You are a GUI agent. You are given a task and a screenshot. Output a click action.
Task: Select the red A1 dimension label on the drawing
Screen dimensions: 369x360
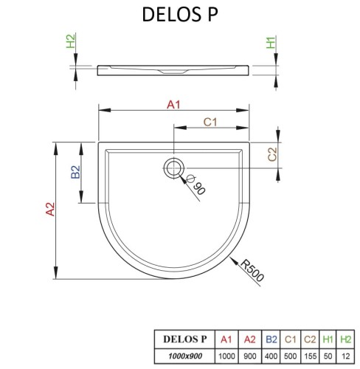(173, 105)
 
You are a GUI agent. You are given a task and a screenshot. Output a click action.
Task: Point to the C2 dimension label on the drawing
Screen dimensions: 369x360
(271, 154)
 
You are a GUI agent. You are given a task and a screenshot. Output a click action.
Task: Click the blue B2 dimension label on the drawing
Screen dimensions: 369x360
(75, 173)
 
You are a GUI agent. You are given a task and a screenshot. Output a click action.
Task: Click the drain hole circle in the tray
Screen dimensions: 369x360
(174, 168)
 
